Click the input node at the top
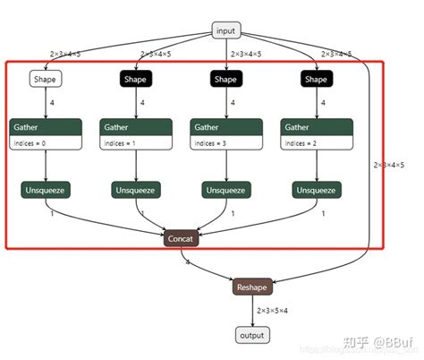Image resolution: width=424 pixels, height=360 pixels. (226, 31)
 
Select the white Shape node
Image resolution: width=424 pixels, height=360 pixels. (46, 80)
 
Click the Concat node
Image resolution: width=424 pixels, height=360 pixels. (181, 238)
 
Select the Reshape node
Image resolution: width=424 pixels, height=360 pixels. (251, 287)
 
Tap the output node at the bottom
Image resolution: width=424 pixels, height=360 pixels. (251, 335)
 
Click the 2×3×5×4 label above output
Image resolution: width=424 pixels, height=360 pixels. (273, 311)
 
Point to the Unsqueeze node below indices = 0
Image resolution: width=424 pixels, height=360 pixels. (46, 190)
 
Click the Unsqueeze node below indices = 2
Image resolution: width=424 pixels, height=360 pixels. (316, 190)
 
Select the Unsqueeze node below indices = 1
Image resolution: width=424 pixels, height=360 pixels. (136, 190)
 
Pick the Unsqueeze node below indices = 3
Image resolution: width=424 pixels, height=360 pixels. (226, 190)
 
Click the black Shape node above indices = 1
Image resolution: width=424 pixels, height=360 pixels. (136, 80)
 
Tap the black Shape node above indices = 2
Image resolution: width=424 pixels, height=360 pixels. (316, 80)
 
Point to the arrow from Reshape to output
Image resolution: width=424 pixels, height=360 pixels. (251, 311)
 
